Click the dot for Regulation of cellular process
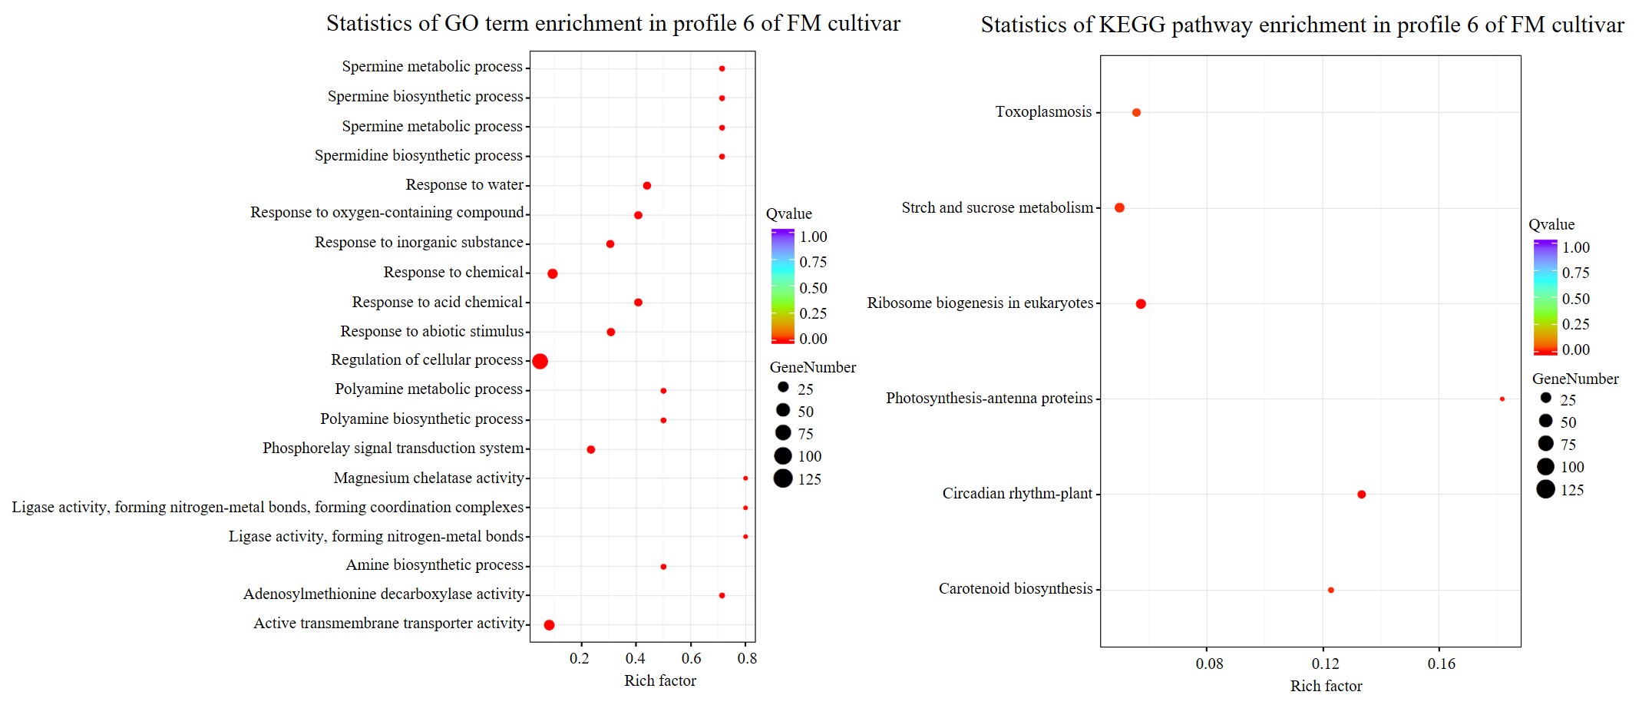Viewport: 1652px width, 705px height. pyautogui.click(x=540, y=361)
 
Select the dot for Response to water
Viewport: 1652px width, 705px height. pyautogui.click(x=647, y=186)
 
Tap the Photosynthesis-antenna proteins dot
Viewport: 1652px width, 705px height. pyautogui.click(x=1502, y=399)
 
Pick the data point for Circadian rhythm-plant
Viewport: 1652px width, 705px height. pyautogui.click(x=1362, y=495)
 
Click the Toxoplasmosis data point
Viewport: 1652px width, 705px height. pyautogui.click(x=1136, y=113)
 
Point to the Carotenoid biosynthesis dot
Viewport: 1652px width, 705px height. pyautogui.click(x=1331, y=590)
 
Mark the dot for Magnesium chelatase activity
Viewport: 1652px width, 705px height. pyautogui.click(x=745, y=478)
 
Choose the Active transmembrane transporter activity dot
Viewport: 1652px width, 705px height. pyautogui.click(x=549, y=625)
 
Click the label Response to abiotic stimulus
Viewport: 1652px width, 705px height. pyautogui.click(x=432, y=331)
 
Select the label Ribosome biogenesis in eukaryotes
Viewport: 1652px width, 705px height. pyautogui.click(x=980, y=303)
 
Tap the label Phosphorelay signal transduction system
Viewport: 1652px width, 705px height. pyautogui.click(x=393, y=448)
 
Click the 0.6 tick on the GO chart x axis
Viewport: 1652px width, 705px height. pyautogui.click(x=691, y=658)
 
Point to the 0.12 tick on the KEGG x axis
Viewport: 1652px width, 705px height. pyautogui.click(x=1325, y=664)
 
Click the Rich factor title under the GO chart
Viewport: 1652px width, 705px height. pyautogui.click(x=660, y=680)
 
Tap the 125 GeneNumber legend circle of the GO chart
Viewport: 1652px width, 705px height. pyautogui.click(x=783, y=479)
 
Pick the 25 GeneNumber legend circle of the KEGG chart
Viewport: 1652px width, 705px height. pyautogui.click(x=1545, y=398)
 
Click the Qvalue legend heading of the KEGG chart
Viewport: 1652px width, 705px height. pyautogui.click(x=1551, y=225)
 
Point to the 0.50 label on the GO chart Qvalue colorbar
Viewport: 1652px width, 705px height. pyautogui.click(x=813, y=288)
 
